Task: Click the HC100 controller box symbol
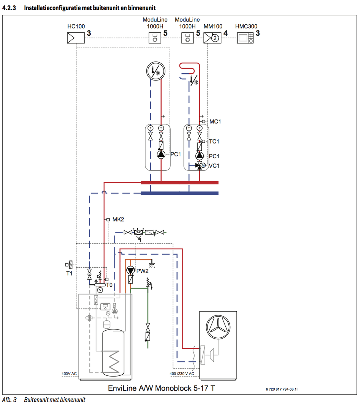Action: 75,38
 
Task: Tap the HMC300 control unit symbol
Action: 245,38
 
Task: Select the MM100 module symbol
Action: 212,38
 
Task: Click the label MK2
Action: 118,219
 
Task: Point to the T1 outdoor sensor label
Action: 69,273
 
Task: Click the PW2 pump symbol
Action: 130,270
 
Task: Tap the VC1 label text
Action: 214,165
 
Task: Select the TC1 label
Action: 214,141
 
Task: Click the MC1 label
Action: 215,121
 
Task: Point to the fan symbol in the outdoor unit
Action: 218,327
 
